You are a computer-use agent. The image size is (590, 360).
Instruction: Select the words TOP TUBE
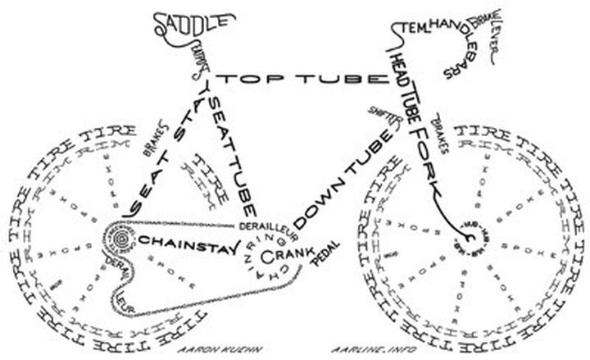(302, 79)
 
